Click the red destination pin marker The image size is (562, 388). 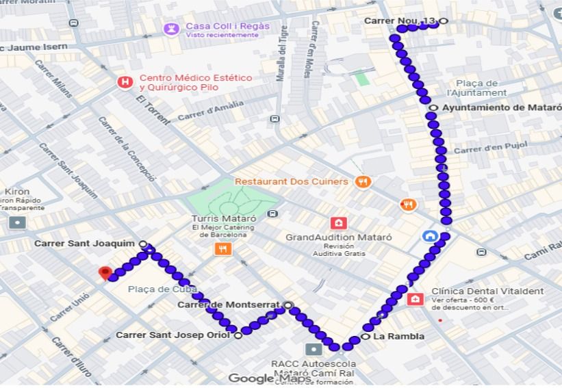[x=105, y=273]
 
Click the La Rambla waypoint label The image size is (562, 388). [x=399, y=337]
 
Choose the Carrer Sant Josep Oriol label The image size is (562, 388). [x=174, y=335]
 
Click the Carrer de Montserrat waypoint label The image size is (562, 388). [x=229, y=305]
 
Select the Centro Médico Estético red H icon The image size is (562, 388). [x=125, y=83]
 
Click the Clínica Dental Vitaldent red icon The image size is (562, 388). [x=415, y=299]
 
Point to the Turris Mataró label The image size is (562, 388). [x=214, y=219]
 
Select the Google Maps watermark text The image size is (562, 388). [x=264, y=378]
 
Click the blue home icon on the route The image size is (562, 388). [x=431, y=237]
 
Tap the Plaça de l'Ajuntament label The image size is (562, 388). [x=476, y=88]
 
